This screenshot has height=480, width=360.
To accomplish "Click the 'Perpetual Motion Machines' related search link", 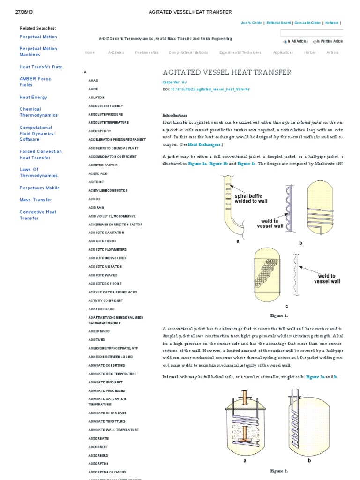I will pos(38,52).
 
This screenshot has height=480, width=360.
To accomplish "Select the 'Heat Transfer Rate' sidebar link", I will pos(41,67).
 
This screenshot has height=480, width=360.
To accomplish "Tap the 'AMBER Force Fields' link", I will pos(35,82).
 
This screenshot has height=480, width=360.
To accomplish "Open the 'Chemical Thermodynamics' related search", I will pos(38,112).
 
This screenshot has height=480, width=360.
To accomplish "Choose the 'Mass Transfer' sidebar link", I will pos(36,200).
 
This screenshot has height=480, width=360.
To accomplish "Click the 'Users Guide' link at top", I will pos(251,22).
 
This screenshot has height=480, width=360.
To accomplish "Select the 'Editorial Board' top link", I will pos(278,22).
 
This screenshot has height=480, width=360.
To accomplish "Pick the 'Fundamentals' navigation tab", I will pos(147,52).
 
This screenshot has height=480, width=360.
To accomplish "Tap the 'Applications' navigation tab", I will pos(283,52).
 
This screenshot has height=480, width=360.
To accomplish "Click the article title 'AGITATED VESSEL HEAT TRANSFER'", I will pos(227,72).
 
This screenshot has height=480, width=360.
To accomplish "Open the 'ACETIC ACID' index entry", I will pos(98,173).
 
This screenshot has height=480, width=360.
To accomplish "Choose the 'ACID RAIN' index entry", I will pos(96,207).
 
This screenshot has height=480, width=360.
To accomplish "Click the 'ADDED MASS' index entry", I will pos(99,331).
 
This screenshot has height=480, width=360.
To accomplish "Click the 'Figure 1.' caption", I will pos(279,315).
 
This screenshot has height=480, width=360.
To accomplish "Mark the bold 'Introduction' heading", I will pos(174,115).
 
